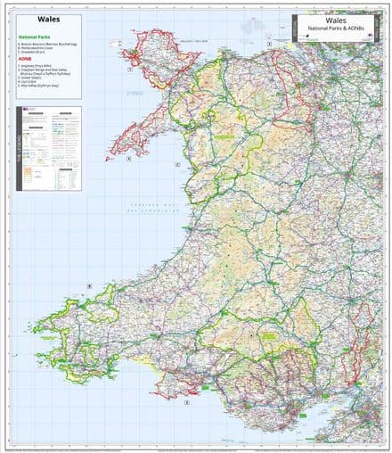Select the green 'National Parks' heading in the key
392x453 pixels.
coord(36,37)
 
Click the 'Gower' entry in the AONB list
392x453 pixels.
coord(31,78)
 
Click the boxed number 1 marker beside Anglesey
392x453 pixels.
coord(131,69)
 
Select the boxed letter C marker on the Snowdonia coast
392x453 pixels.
coord(177,165)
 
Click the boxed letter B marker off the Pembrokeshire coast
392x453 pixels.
coord(89,286)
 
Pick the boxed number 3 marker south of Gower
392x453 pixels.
coord(186,402)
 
